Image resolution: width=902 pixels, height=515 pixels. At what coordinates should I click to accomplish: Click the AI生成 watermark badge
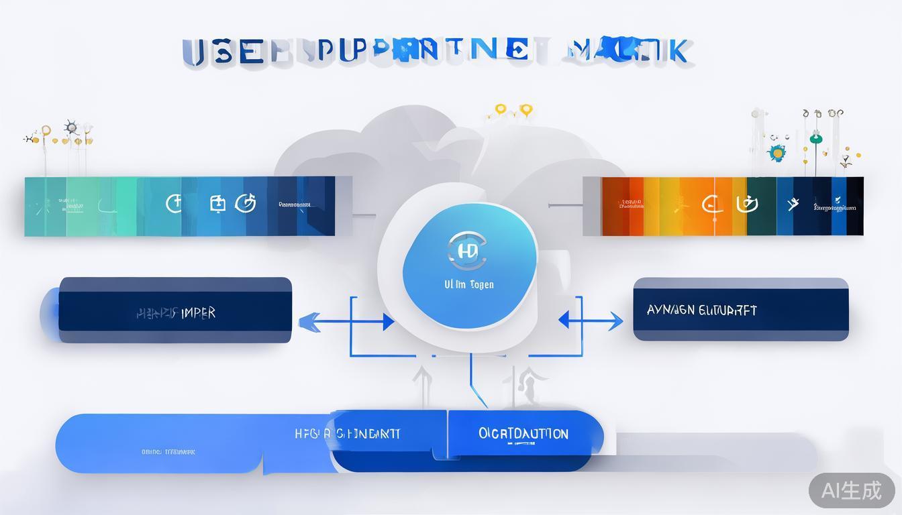click(x=851, y=490)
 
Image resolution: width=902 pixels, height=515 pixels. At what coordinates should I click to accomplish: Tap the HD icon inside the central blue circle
click(x=466, y=251)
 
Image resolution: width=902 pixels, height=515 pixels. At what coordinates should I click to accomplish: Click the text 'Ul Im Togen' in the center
click(x=469, y=284)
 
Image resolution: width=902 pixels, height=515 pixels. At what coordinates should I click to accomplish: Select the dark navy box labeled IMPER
click(x=175, y=311)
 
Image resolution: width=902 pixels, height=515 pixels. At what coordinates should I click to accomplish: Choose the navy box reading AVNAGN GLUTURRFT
click(x=741, y=310)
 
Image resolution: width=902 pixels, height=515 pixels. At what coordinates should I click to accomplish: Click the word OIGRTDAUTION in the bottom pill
click(x=523, y=434)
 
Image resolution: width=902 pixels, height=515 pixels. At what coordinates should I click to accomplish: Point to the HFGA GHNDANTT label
click(x=348, y=434)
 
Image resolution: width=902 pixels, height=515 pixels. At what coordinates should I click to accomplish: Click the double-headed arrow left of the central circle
click(x=346, y=322)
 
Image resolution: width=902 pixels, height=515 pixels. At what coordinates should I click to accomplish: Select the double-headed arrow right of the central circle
click(x=591, y=321)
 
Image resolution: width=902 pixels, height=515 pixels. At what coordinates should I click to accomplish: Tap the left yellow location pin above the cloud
click(x=500, y=109)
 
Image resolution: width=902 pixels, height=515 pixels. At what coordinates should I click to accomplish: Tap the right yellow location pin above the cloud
click(x=525, y=109)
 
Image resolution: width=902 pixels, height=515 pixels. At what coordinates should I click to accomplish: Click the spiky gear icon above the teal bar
click(x=71, y=127)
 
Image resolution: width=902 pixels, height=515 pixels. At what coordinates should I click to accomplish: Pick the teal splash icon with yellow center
click(x=777, y=153)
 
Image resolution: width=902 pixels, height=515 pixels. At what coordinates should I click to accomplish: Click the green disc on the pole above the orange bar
click(x=816, y=139)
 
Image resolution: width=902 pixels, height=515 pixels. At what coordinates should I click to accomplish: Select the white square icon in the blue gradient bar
click(x=217, y=203)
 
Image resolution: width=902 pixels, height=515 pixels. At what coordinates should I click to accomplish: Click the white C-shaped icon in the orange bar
click(x=709, y=203)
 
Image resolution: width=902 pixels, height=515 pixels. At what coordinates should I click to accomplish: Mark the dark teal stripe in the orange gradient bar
click(x=761, y=206)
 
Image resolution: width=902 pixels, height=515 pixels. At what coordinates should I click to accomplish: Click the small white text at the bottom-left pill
click(x=168, y=452)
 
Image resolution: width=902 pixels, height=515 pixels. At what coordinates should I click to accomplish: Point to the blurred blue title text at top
click(x=436, y=52)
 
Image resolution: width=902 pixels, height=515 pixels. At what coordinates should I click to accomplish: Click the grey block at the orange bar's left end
click(x=592, y=206)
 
